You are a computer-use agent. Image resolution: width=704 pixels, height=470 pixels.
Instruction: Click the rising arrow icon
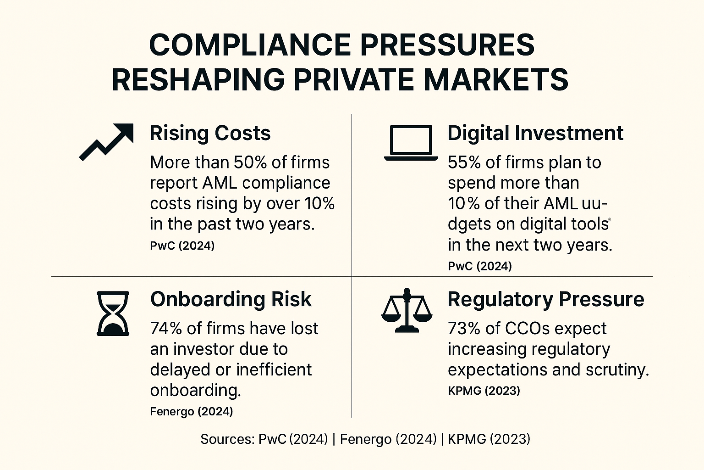tap(106, 141)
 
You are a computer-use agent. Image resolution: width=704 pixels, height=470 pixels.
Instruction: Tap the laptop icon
tap(411, 143)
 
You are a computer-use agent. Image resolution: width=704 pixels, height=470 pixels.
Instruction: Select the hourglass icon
tap(113, 313)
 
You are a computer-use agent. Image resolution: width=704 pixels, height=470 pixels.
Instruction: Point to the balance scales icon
tap(407, 310)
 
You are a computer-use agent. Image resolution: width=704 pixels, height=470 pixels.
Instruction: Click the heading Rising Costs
tap(210, 133)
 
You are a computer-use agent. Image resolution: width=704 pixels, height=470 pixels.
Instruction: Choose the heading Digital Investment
tap(535, 133)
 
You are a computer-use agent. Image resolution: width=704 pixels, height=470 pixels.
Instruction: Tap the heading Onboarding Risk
tap(231, 299)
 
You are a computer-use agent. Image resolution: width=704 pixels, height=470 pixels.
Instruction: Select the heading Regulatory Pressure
tap(545, 299)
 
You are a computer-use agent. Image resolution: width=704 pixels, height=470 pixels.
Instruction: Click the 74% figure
tap(166, 329)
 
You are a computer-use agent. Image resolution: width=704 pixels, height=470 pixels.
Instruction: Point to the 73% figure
tap(463, 329)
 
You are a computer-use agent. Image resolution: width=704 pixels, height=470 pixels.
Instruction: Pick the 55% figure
tap(463, 162)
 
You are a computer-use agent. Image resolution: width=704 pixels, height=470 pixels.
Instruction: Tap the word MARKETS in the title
tap(495, 80)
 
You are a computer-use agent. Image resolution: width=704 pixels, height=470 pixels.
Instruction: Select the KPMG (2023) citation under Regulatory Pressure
tap(484, 391)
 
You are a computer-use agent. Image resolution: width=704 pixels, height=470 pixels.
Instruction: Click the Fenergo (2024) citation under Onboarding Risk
tap(191, 411)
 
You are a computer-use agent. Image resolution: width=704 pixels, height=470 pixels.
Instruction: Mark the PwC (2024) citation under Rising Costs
tap(182, 246)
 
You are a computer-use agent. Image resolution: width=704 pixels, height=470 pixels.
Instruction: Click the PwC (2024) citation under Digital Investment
tap(479, 266)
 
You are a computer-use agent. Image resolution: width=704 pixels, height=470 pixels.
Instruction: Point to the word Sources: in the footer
tap(227, 439)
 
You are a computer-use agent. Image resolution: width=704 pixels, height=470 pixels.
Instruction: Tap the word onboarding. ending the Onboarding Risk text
tap(195, 390)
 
